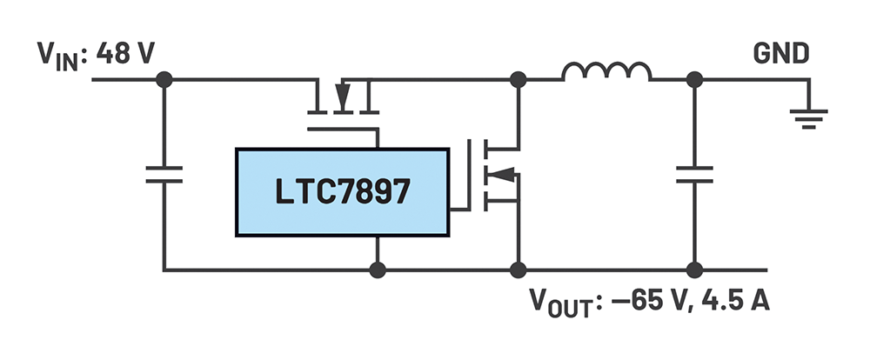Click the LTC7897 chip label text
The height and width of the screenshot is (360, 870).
point(343,191)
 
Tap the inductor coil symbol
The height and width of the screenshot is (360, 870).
point(606,73)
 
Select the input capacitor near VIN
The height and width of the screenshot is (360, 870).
point(164,175)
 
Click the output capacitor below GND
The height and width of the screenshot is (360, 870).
point(694,175)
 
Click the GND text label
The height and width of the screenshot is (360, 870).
point(780,54)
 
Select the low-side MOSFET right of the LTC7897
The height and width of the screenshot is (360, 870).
point(496,174)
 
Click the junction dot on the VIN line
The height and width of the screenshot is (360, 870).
point(164,80)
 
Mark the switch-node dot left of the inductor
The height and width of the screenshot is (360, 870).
point(519,80)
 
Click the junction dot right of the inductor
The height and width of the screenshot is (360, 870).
point(694,80)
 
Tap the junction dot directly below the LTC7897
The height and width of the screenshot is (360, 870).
point(377,270)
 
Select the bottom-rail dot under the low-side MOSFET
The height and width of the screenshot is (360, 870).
point(519,270)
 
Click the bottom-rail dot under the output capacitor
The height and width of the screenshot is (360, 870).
point(694,270)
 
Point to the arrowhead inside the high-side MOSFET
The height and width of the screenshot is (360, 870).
point(345,94)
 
